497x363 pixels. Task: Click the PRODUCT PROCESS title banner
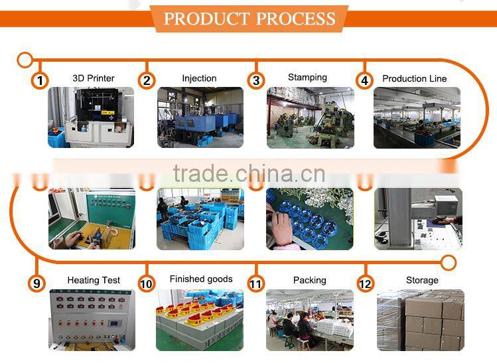[x=249, y=18]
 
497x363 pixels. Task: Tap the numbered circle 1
[x=40, y=80]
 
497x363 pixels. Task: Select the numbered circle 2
[x=147, y=80]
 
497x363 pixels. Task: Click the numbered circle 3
[x=256, y=80]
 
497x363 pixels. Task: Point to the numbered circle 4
[x=364, y=80]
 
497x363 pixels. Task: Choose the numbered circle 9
[x=37, y=283]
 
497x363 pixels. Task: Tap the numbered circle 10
[x=147, y=283]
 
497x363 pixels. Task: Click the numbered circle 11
[x=256, y=283]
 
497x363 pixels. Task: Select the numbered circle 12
[x=365, y=283]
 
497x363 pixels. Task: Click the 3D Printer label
[x=94, y=78]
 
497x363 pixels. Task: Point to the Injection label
[x=199, y=78]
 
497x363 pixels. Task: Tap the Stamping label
[x=307, y=78]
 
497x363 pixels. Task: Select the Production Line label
[x=415, y=78]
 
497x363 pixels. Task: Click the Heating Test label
[x=94, y=280]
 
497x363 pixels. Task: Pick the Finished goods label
[x=201, y=279]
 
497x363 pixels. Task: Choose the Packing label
[x=310, y=280]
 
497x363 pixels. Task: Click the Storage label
[x=422, y=280]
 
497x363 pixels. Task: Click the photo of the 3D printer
[x=90, y=117]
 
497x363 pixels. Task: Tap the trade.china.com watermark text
[x=249, y=174]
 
